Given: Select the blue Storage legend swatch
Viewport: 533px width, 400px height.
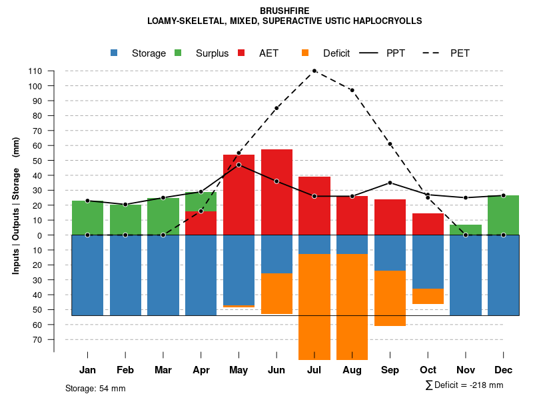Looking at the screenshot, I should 115,53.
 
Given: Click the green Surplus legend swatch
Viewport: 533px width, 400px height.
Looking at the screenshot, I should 179,53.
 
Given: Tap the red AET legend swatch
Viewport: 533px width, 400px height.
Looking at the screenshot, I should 242,53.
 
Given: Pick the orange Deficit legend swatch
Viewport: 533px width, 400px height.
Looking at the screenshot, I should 306,53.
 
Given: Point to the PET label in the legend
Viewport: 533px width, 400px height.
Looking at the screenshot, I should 460,53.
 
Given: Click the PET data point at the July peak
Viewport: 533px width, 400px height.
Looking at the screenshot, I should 314,71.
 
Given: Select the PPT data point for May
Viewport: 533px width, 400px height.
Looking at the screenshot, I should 239,165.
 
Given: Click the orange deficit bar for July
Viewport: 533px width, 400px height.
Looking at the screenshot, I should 314,307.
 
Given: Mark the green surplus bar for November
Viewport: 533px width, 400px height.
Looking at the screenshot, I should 466,229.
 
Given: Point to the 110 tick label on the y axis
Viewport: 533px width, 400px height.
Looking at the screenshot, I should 35,71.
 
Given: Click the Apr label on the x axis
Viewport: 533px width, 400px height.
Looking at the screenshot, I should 201,370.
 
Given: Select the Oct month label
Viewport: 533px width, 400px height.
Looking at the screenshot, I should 428,370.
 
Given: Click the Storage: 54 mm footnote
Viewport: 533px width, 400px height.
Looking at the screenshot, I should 95,388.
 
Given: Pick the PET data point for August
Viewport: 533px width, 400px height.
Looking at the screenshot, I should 352,90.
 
